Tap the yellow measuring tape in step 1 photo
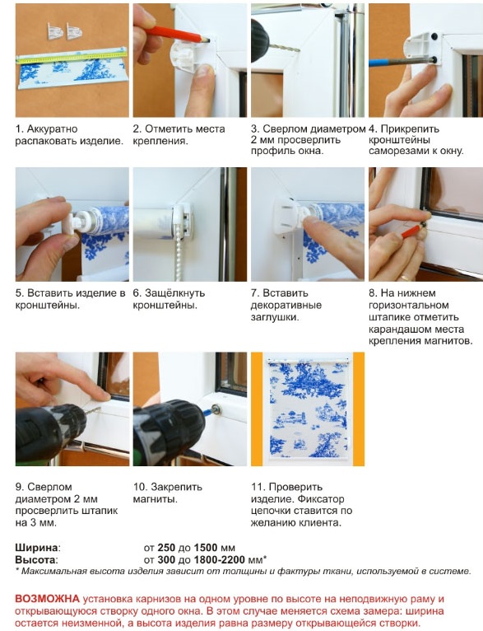72,56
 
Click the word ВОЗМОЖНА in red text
47,599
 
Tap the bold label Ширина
36,548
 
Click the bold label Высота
35,560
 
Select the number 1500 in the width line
206,548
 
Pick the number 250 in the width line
166,548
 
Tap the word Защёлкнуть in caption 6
174,293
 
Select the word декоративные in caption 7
286,305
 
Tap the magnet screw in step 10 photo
216,410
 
